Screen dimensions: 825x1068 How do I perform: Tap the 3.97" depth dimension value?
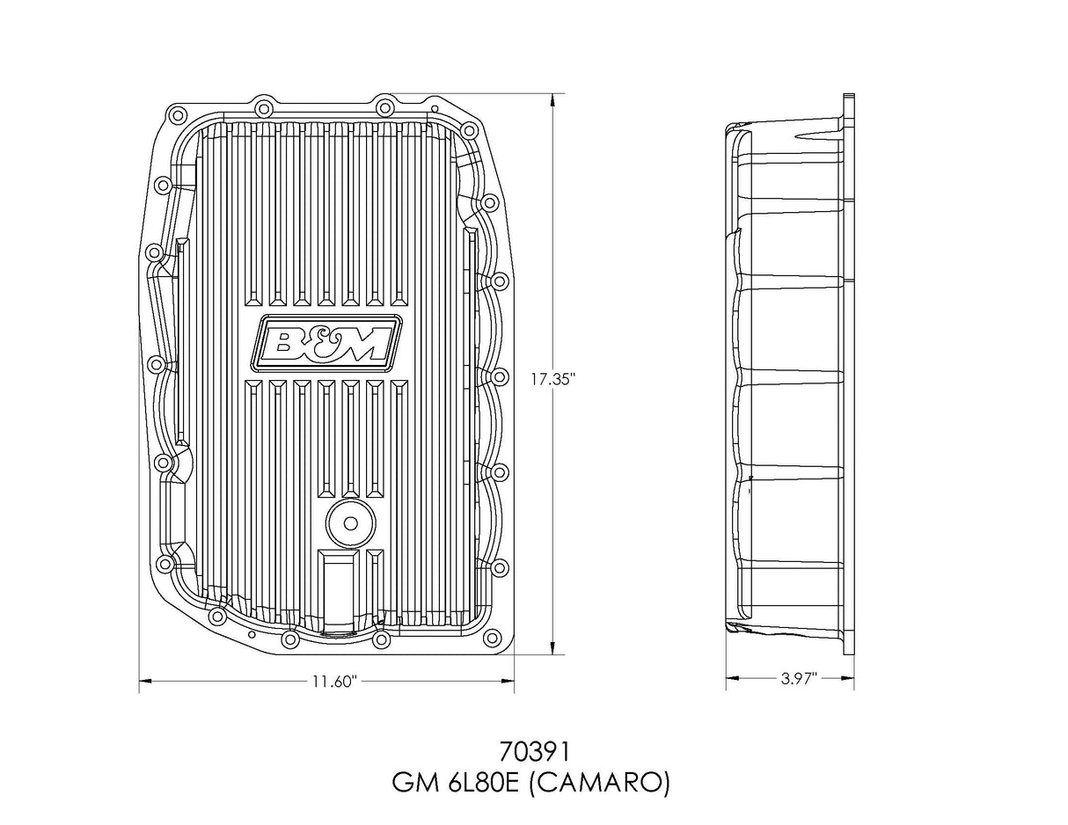pyautogui.click(x=799, y=678)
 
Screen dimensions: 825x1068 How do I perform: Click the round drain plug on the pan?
pyautogui.click(x=350, y=524)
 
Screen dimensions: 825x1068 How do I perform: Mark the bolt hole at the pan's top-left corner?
pyautogui.click(x=176, y=115)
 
